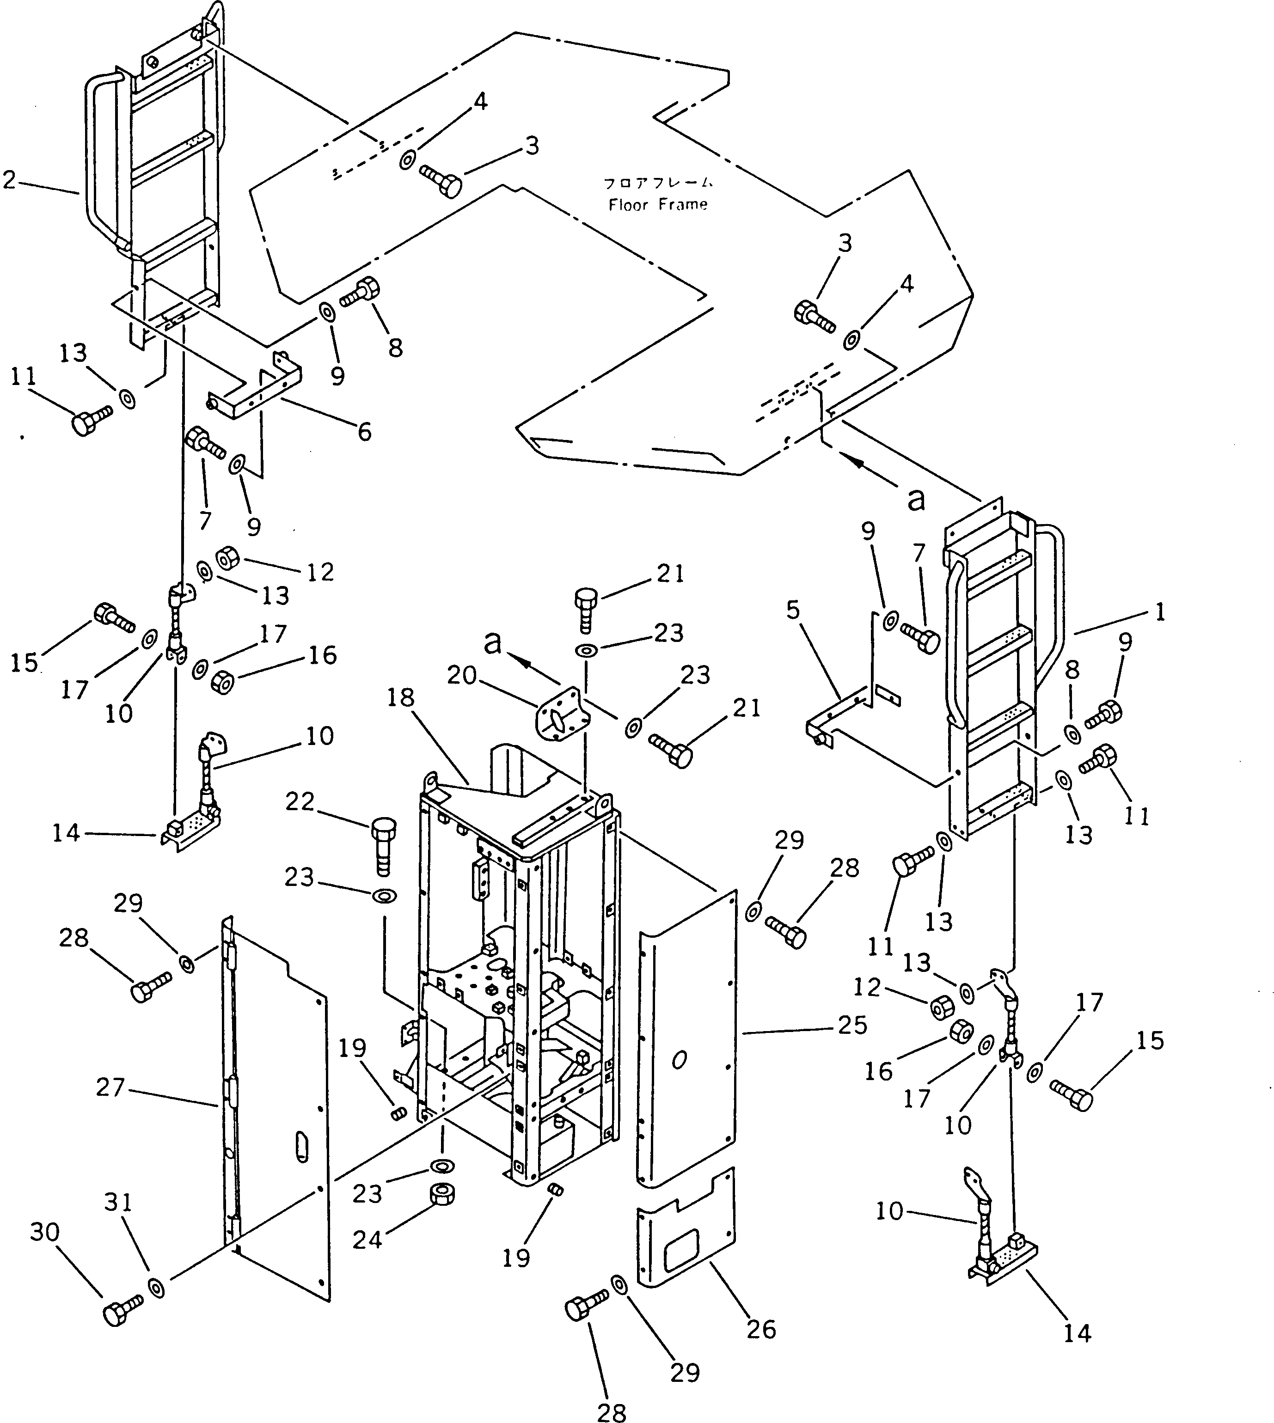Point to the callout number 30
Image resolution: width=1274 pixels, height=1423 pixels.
(x=45, y=1233)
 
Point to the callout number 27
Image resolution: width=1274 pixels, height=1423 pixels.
(x=110, y=1087)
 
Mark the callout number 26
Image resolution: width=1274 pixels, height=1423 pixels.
(x=761, y=1329)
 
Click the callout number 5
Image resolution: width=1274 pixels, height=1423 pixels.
(x=792, y=611)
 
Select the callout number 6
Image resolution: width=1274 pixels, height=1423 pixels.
(x=364, y=432)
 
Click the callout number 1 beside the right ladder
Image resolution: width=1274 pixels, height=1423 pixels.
(x=1160, y=613)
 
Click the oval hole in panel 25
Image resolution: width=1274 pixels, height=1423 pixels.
(x=678, y=1060)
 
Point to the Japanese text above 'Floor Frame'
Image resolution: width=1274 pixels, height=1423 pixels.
(x=658, y=183)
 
